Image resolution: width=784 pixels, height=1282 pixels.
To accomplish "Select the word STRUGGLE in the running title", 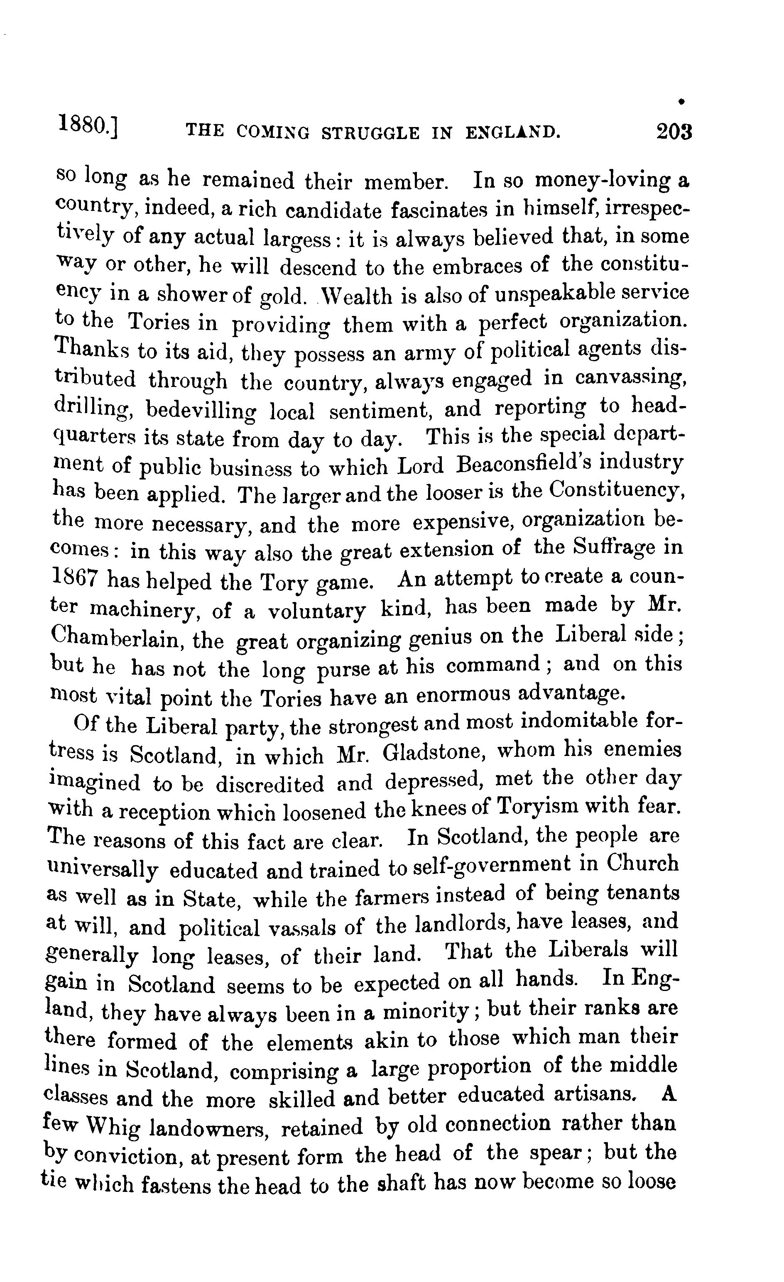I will [370, 133].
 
